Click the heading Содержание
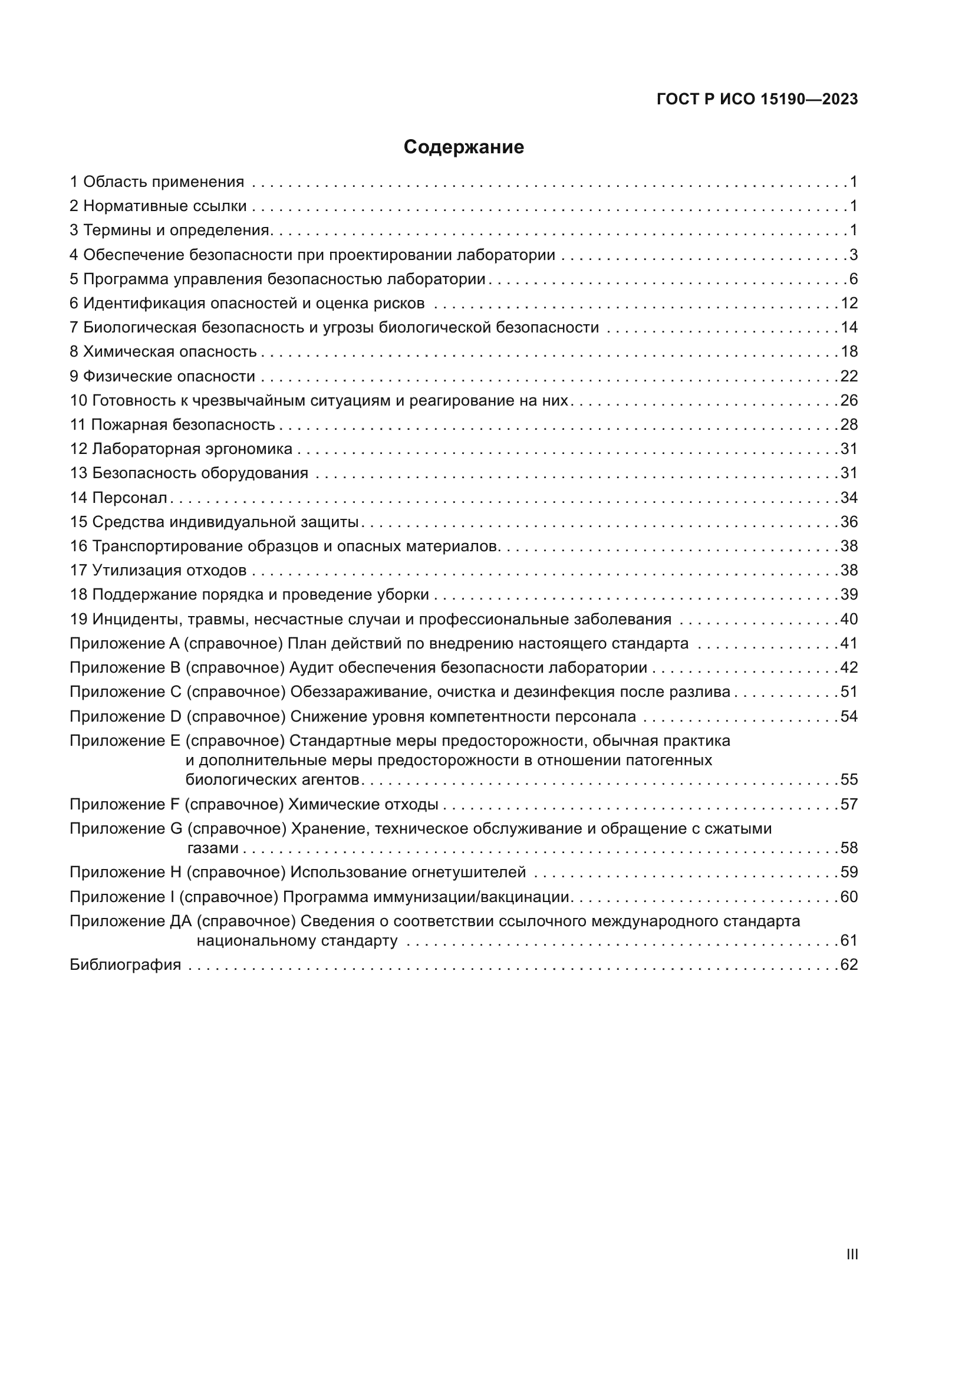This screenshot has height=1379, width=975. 463,147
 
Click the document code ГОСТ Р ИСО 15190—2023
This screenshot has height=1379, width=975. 757,100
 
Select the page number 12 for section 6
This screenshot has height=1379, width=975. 849,303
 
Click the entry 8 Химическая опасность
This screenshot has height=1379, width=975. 163,352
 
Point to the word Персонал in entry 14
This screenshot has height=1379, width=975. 130,498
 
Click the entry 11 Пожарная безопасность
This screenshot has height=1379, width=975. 172,425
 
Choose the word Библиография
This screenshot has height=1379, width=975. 126,965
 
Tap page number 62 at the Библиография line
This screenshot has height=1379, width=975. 849,965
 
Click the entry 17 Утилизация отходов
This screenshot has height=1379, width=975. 158,571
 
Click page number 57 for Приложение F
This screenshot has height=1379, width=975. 849,804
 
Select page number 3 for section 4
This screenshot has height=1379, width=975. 853,255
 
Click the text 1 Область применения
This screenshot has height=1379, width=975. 157,182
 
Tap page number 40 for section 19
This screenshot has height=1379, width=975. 849,619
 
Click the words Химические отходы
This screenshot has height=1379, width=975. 363,804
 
